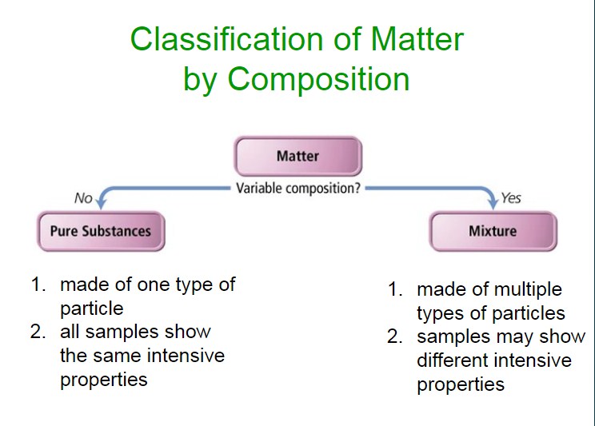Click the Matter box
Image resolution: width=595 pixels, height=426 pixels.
pos(297,156)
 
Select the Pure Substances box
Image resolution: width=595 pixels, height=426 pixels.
pos(101,231)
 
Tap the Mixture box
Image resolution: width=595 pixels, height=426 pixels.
pos(493,231)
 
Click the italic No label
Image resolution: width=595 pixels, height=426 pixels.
pos(83,198)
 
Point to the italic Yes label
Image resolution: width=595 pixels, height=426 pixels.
pos(511,198)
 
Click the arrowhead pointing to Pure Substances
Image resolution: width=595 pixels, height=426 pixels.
pos(101,202)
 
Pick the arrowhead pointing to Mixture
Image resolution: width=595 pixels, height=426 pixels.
pos(493,202)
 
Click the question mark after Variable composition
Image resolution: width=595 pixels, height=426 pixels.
pos(357,188)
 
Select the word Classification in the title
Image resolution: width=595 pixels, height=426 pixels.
pos(226,39)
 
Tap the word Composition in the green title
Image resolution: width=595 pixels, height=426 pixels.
pos(318,79)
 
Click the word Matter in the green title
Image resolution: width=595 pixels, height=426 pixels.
pos(417,39)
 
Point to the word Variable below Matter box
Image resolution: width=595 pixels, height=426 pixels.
pos(259,188)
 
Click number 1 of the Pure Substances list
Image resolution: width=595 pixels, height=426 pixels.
pos(38,285)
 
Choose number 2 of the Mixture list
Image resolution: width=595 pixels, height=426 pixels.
pos(394,336)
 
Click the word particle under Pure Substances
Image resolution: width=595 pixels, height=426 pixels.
pos(92,309)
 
